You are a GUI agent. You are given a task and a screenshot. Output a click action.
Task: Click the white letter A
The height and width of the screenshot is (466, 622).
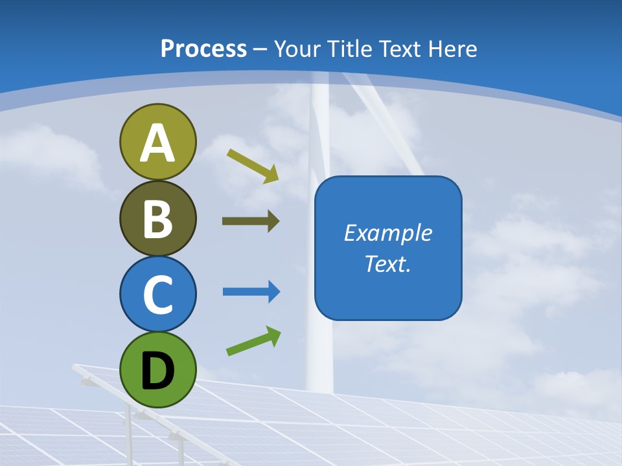(x=157, y=143)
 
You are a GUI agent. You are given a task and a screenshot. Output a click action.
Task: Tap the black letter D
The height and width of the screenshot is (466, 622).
(x=157, y=371)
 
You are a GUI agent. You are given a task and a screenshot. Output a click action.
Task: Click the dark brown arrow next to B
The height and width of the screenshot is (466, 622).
(x=251, y=221)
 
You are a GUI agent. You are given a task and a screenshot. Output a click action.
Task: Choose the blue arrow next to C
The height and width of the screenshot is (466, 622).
(x=251, y=292)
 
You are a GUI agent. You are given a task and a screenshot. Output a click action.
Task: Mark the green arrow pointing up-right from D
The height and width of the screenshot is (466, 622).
(x=253, y=340)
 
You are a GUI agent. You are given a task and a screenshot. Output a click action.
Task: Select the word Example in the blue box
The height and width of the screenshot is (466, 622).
(x=388, y=233)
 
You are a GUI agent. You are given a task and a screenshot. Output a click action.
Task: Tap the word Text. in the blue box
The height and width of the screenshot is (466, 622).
(x=388, y=264)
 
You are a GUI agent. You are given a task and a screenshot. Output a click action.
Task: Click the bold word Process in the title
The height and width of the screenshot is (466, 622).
(x=203, y=49)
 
